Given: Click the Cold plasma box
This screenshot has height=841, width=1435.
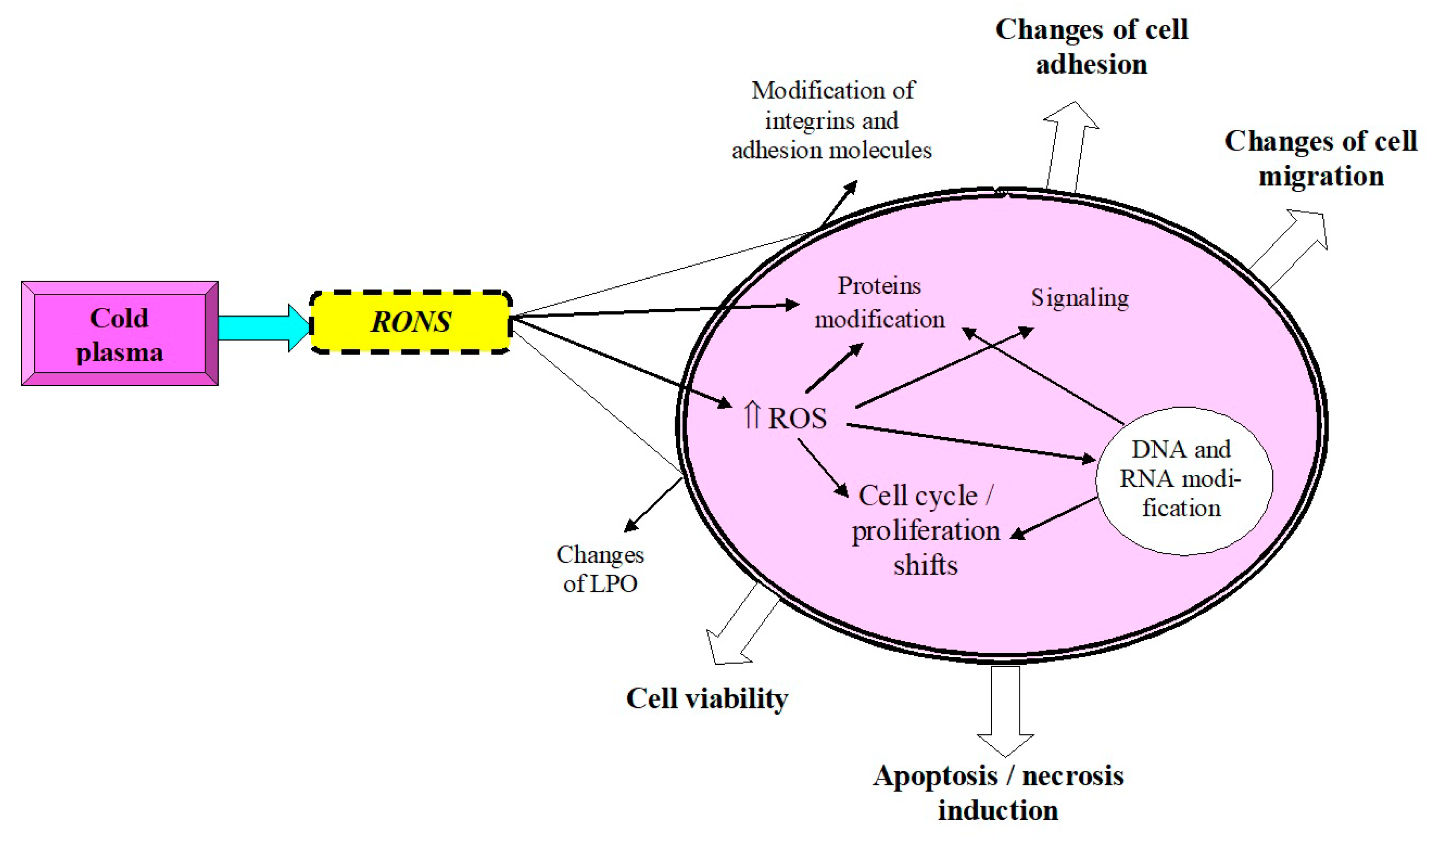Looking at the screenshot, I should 119,334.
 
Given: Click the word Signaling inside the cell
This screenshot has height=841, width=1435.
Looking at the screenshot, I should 1080,298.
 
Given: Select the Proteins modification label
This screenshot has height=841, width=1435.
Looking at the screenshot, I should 879,303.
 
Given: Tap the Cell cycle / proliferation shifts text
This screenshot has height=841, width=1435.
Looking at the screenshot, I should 925,530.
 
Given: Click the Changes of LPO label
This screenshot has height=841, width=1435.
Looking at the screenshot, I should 600,569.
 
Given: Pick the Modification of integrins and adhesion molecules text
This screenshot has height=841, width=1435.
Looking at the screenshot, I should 832,121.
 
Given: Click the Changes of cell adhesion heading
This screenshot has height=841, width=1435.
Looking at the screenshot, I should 1091,47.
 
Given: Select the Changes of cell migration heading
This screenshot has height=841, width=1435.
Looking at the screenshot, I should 1321,158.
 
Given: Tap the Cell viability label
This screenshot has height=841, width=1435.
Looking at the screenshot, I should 707,698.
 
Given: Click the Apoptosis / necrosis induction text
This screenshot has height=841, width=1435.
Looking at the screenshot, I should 998,793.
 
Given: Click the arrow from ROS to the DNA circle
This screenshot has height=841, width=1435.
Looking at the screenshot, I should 968,442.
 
